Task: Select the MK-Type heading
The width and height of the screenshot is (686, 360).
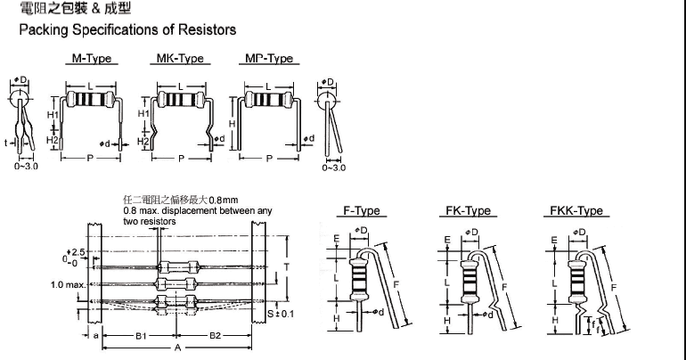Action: coord(181,59)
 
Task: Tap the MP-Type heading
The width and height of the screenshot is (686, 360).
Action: coord(268,59)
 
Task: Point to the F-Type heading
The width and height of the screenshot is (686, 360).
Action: coord(362,211)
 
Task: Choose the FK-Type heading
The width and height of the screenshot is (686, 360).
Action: coord(467,211)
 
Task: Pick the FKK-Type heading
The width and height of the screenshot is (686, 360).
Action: coord(573,211)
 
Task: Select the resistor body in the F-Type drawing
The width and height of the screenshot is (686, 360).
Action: coord(360,281)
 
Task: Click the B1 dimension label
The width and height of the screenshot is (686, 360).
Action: coord(141,335)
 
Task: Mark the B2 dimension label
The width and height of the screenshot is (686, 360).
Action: coord(214,335)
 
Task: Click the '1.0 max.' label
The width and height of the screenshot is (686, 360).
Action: coord(69,285)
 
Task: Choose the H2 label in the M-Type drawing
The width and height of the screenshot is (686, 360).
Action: coord(53,141)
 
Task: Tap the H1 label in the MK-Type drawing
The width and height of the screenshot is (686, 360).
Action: coord(143,114)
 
